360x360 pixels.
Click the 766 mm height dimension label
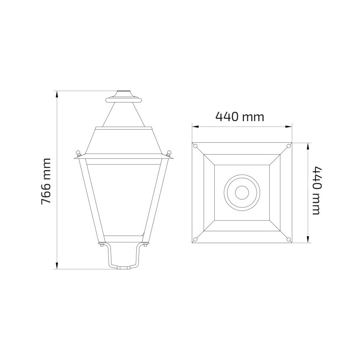pyautogui.click(x=46, y=181)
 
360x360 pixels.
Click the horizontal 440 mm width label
pyautogui.click(x=240, y=116)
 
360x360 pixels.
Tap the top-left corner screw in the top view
pyautogui.click(x=195, y=146)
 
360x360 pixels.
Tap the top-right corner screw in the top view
pyautogui.click(x=289, y=146)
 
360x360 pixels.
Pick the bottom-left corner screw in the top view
pyautogui.click(x=195, y=240)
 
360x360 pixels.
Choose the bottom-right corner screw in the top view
pyautogui.click(x=289, y=240)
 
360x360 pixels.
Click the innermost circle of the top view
pyautogui.click(x=242, y=192)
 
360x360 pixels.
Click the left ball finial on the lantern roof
pyautogui.click(x=78, y=152)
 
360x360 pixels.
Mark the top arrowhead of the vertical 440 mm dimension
pyautogui.click(x=308, y=145)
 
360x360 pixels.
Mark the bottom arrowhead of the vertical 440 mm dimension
pyautogui.click(x=308, y=241)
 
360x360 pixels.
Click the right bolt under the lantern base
pyautogui.click(x=145, y=244)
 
